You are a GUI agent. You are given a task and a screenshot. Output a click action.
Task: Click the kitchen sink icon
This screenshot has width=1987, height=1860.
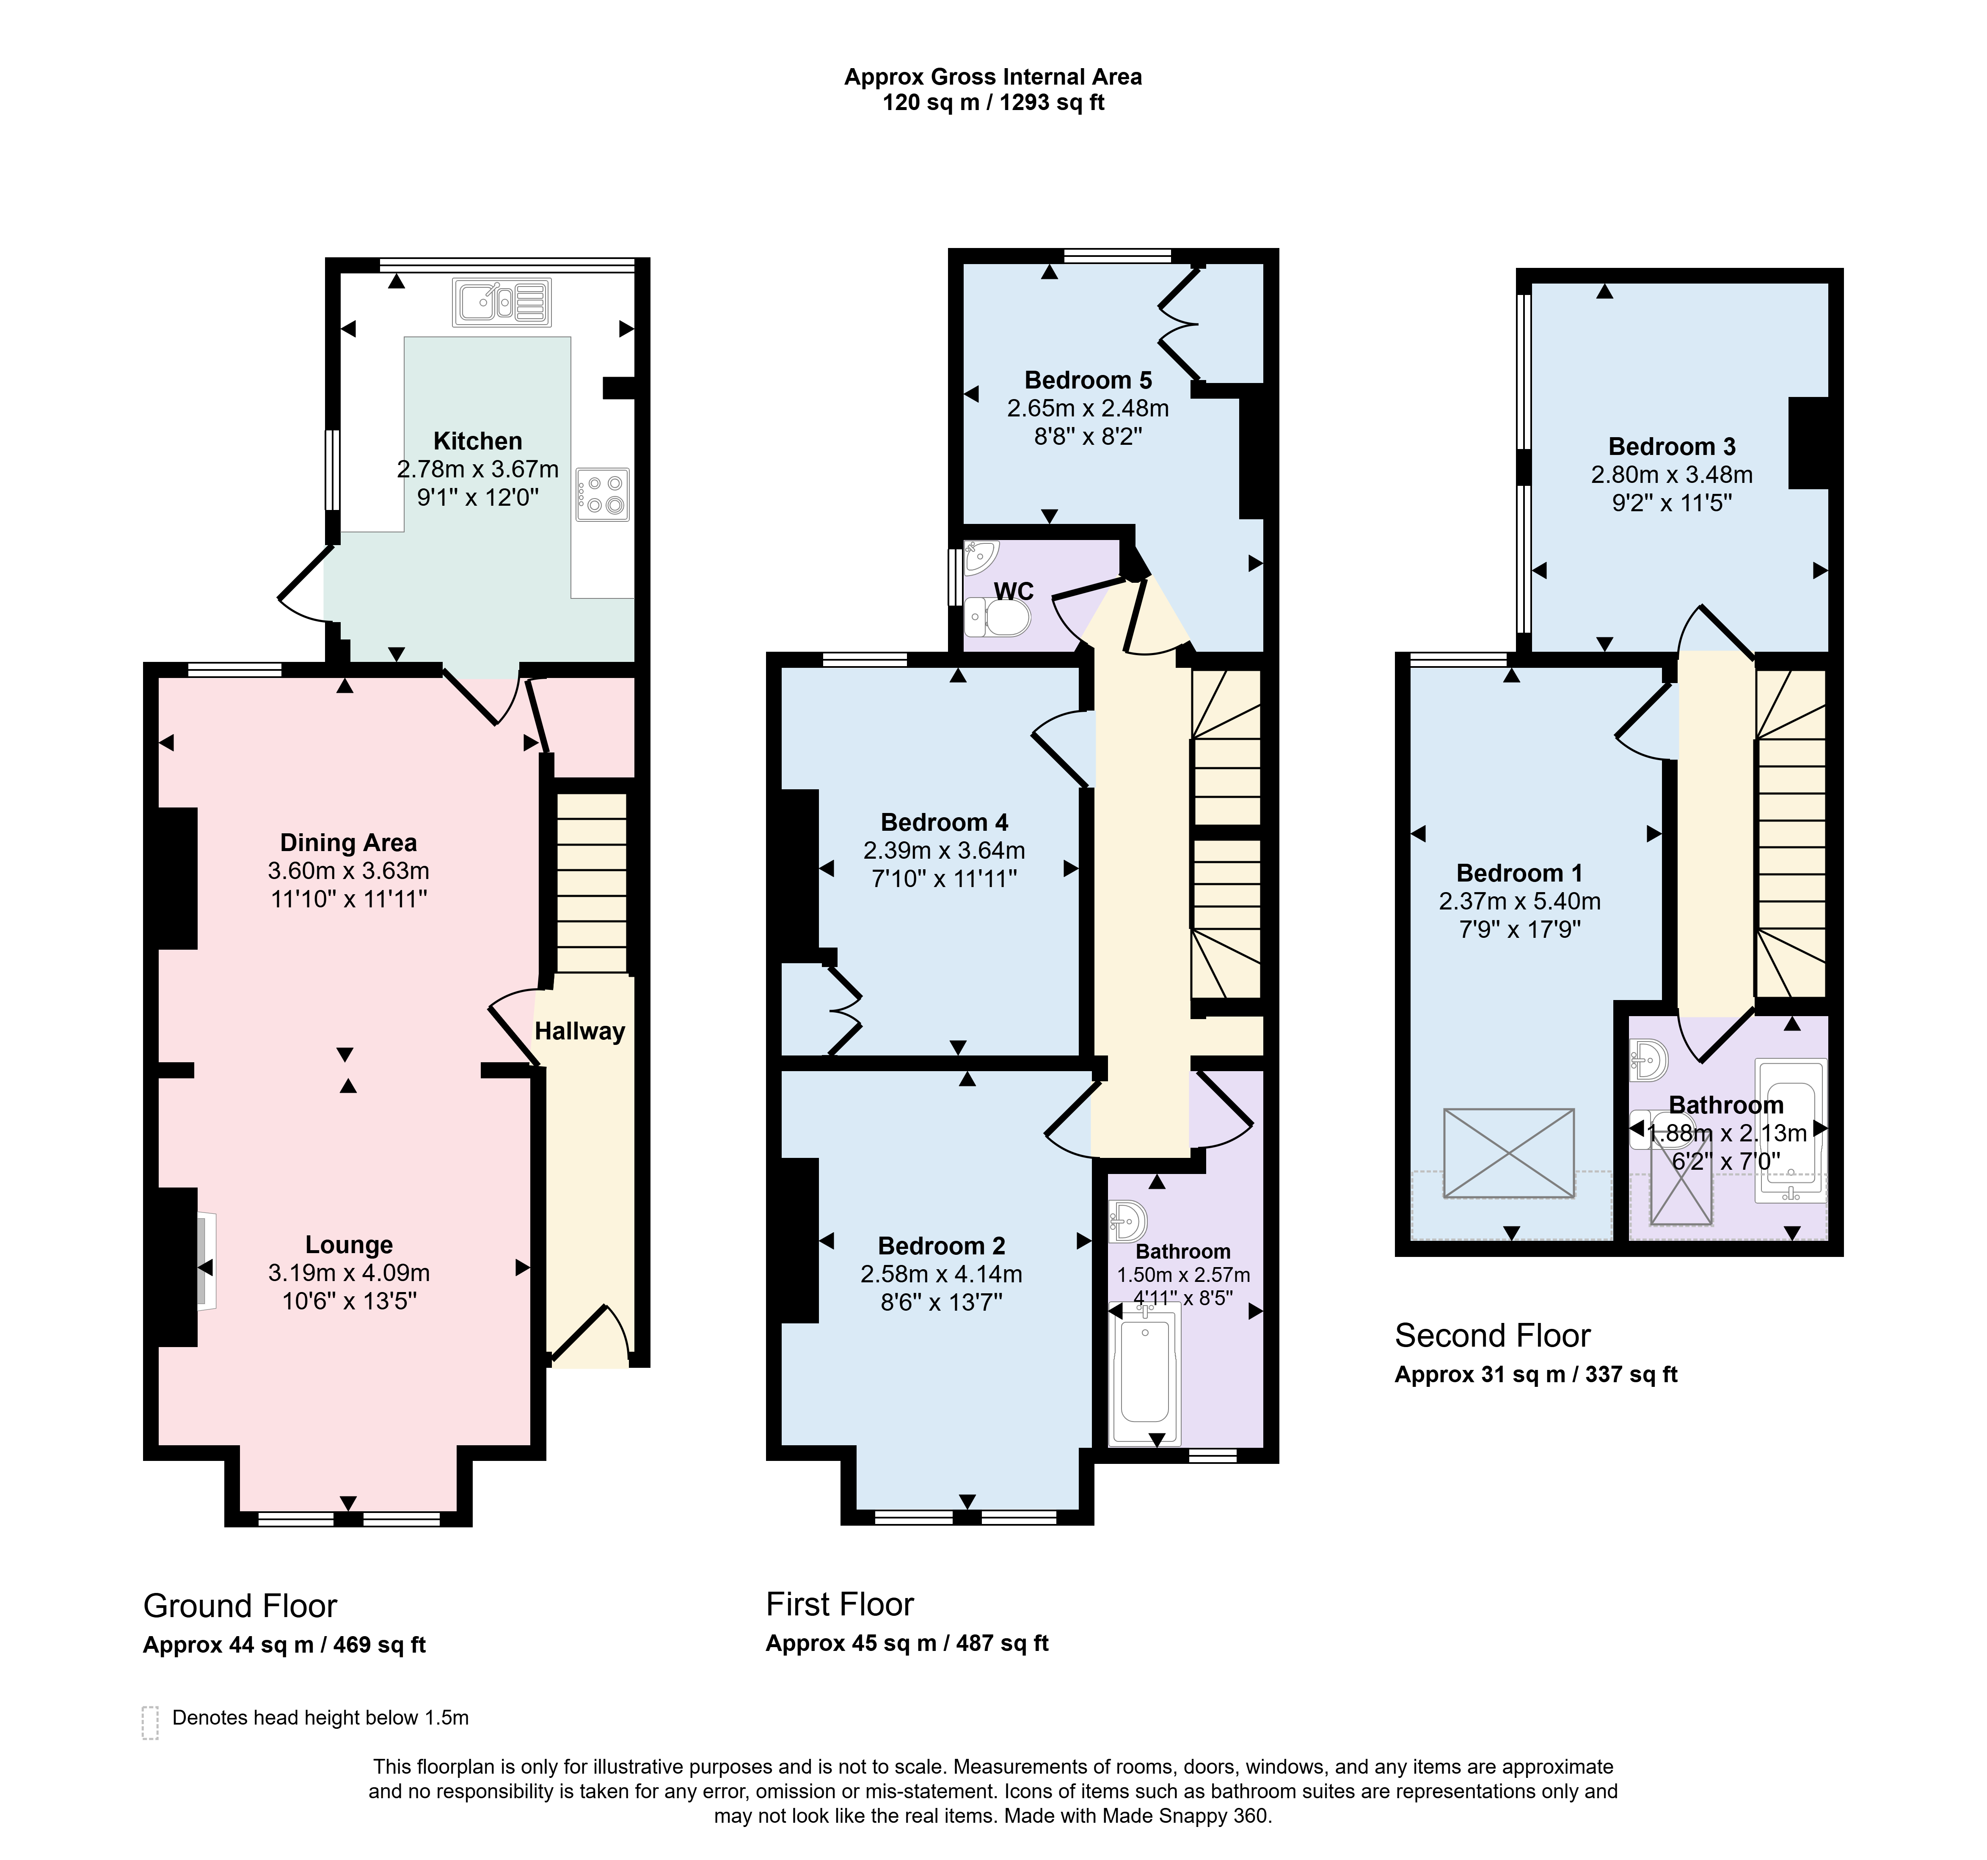coord(502,302)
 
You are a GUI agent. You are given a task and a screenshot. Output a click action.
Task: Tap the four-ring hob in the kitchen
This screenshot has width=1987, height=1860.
coord(603,495)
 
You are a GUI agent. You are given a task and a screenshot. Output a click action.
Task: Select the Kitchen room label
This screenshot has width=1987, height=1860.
coord(478,441)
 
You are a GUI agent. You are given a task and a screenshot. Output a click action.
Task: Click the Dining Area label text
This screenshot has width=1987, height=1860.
coord(348,843)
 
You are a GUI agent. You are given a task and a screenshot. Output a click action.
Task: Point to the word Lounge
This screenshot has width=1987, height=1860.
coord(349,1244)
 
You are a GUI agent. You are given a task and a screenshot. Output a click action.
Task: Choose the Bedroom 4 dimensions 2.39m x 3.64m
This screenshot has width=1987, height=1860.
coord(945,851)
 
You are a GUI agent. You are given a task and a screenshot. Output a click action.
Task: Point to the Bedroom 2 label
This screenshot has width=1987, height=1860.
coord(942,1246)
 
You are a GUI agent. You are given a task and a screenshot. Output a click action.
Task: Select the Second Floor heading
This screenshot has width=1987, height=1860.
coord(1492,1335)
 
